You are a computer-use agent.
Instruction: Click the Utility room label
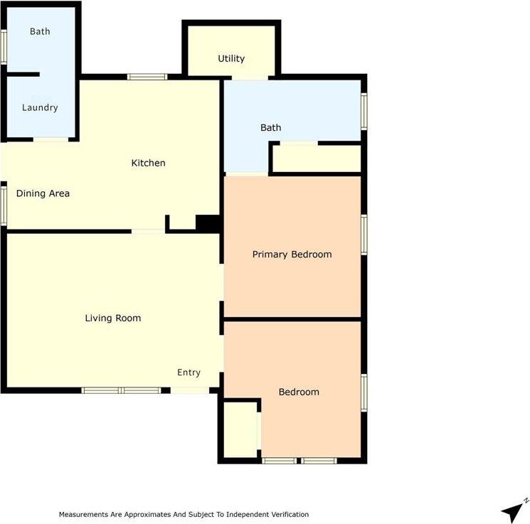[231, 58]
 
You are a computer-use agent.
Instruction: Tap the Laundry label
[40, 107]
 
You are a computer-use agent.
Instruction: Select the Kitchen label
[148, 163]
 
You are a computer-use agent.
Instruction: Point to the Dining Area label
[43, 193]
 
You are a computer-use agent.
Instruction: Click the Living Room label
[113, 318]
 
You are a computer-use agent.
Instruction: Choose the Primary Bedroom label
[292, 255]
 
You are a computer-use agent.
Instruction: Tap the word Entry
[189, 373]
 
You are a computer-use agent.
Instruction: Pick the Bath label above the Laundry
[40, 31]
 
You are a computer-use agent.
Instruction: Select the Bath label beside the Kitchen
[271, 128]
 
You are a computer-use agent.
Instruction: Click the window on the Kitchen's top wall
[147, 77]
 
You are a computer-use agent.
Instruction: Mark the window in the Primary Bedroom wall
[364, 235]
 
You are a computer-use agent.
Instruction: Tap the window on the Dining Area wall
[4, 205]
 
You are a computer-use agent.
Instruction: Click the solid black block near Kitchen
[208, 224]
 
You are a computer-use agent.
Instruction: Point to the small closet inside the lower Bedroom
[240, 429]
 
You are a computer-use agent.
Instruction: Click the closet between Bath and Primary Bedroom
[317, 159]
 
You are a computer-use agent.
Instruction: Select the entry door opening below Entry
[190, 390]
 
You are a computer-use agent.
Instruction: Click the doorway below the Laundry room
[51, 139]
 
